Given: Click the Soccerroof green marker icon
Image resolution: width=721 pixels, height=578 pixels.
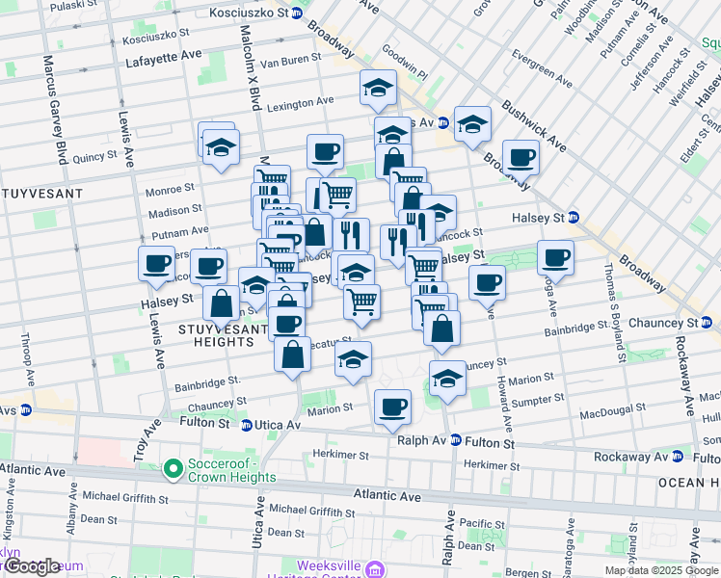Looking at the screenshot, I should click(174, 469).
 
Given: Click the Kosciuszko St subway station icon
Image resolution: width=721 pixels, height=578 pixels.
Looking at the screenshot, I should click(297, 13).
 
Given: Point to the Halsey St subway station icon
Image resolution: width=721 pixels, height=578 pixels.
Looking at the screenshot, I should click(573, 216).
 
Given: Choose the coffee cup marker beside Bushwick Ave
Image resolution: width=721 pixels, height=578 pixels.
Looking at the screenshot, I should click(521, 157).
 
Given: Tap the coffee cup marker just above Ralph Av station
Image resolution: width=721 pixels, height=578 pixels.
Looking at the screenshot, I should click(391, 407).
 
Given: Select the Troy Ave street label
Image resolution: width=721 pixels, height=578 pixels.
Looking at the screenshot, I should click(150, 441).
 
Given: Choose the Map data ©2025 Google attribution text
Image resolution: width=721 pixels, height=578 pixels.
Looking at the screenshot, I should click(661, 570).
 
